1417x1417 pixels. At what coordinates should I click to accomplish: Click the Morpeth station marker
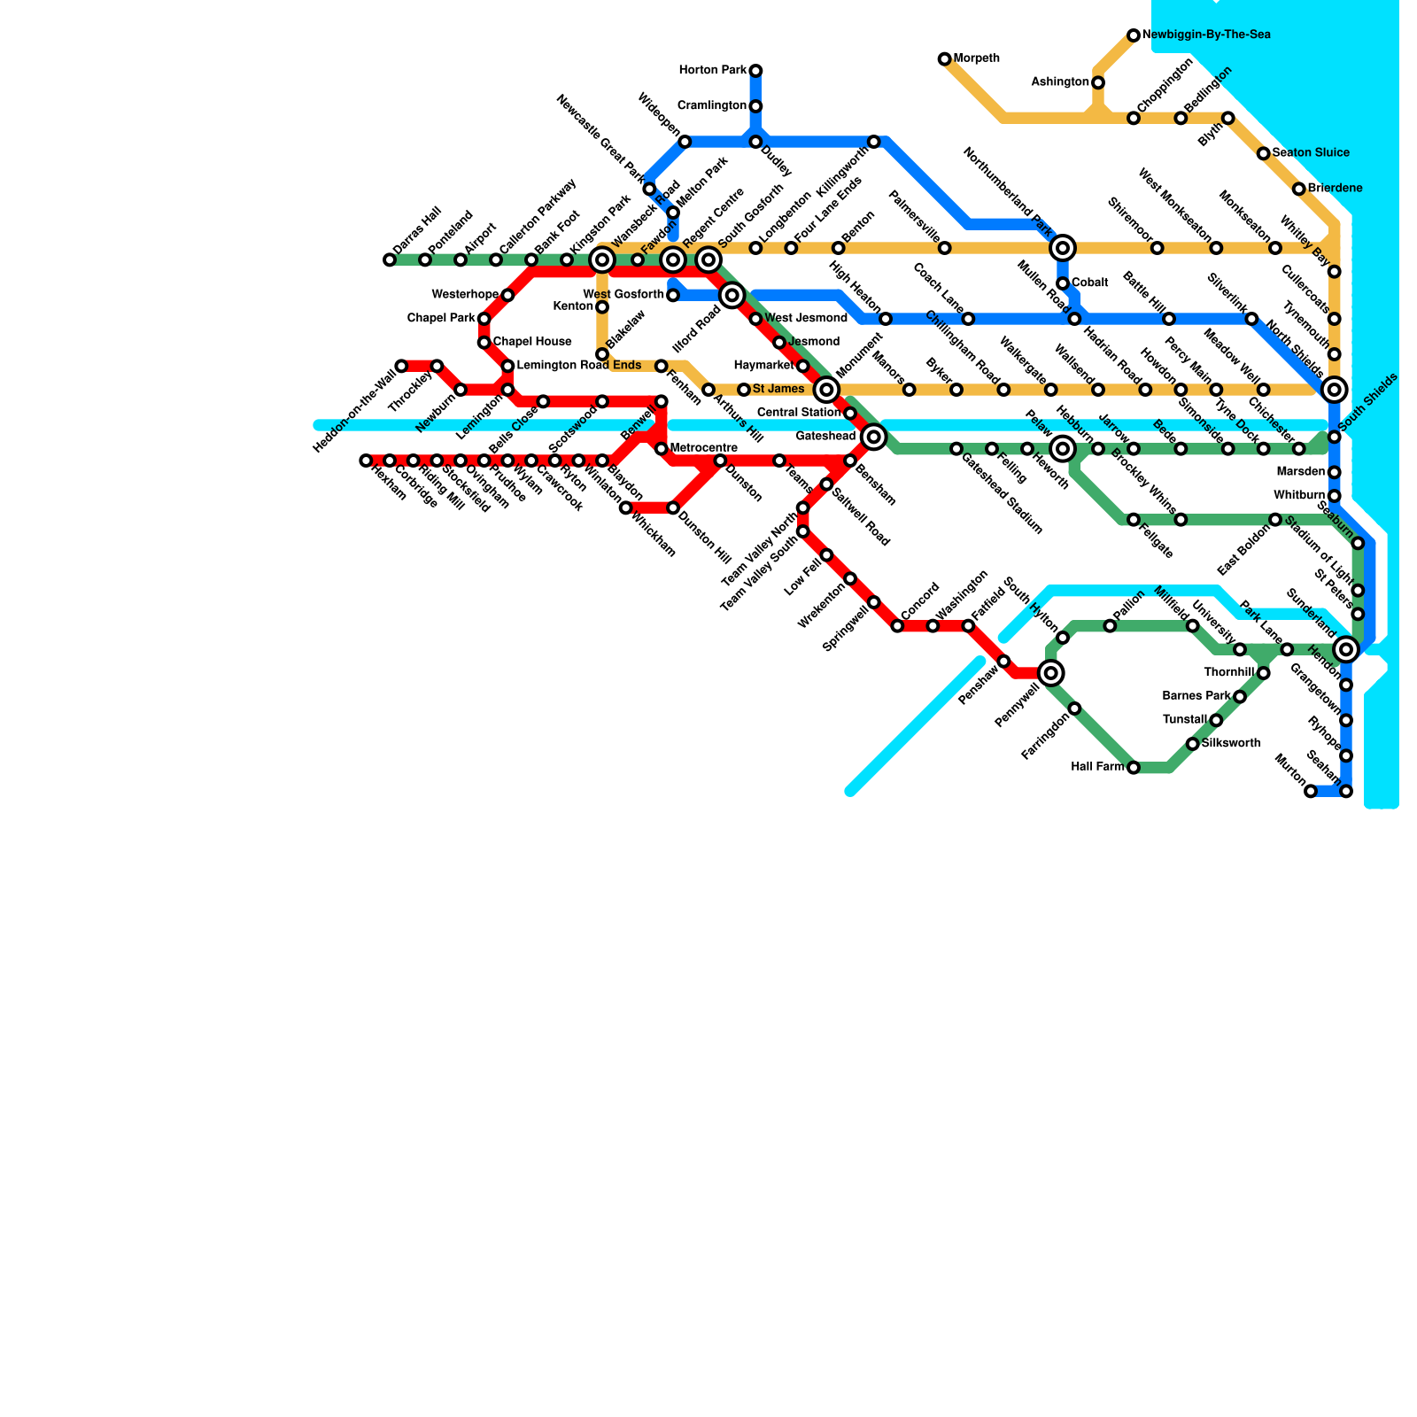coord(944,59)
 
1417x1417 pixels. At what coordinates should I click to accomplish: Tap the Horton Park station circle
coord(755,71)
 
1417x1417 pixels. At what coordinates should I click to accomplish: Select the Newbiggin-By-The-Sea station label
coord(1206,35)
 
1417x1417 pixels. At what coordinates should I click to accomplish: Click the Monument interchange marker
coord(826,390)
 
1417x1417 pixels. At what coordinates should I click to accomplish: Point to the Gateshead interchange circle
coord(874,437)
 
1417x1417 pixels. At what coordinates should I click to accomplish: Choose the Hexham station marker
coord(366,461)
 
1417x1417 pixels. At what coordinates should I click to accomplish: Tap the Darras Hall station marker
coord(390,260)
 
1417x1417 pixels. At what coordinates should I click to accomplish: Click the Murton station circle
coord(1311,791)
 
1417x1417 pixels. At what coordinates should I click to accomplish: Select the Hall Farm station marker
coord(1134,768)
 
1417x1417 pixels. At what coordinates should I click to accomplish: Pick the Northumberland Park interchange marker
coord(1064,248)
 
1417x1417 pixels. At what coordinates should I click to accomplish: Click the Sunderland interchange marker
coord(1346,649)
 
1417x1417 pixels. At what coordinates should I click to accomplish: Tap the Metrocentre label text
coord(703,448)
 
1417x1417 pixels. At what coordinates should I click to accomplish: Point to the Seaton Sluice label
coord(1311,153)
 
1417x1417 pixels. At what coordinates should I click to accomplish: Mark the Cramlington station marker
coord(755,106)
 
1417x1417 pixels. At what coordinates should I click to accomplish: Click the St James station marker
coord(744,390)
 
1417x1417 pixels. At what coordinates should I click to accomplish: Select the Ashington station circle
coord(1098,82)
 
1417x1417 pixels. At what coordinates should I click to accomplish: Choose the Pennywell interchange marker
coord(1051,673)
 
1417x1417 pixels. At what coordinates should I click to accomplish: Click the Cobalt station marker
coord(1063,283)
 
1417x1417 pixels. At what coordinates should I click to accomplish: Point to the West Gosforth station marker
coord(673,295)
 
